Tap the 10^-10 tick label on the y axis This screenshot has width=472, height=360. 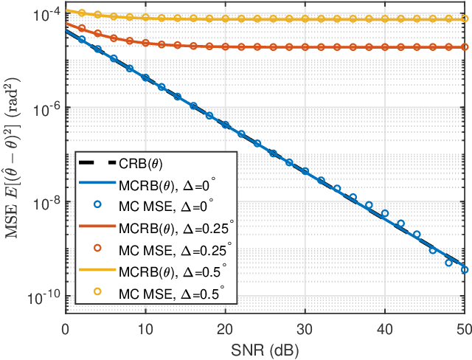46,297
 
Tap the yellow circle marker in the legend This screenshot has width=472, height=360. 96,294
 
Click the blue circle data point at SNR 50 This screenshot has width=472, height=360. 465,270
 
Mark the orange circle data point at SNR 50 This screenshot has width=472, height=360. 465,47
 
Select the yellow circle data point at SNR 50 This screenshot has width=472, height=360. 465,18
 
